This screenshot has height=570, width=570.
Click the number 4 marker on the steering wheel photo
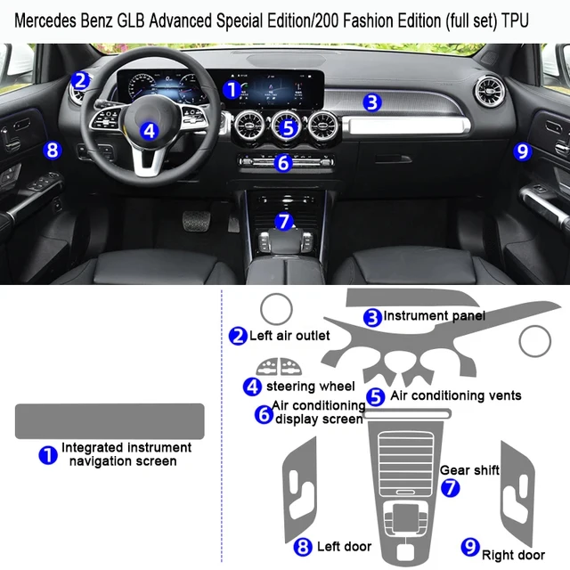149,131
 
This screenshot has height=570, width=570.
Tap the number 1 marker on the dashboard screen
231,89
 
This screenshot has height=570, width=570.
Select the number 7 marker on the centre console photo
283,221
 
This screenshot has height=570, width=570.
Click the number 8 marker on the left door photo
53,150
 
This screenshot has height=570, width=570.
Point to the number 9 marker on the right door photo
523,151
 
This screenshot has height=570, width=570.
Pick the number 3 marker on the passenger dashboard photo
371,102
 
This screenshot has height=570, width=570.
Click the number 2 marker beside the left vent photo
81,81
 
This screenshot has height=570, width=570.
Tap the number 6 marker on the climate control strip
283,163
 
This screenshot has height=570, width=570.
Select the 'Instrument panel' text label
435,315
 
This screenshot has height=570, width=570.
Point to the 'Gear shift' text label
469,469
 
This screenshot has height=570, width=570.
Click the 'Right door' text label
515,555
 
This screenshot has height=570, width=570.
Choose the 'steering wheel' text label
310,387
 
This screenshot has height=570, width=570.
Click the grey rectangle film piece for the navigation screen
110,420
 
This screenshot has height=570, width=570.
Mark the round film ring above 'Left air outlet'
276,310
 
